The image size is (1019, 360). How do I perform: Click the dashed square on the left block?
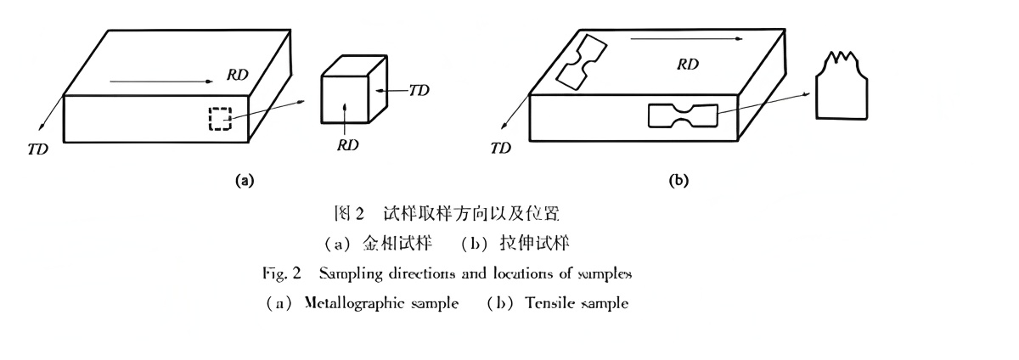(x=220, y=119)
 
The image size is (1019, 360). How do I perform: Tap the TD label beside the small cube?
(x=419, y=89)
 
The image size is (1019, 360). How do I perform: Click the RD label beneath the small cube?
(x=347, y=145)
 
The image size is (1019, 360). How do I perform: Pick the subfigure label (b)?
(x=678, y=180)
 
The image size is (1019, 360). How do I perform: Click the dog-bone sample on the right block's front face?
(x=683, y=116)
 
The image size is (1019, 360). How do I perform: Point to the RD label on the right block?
(x=688, y=65)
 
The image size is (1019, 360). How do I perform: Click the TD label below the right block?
(x=500, y=149)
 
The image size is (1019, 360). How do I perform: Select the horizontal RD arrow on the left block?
(x=161, y=82)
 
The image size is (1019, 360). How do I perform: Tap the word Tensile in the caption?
(x=552, y=303)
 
